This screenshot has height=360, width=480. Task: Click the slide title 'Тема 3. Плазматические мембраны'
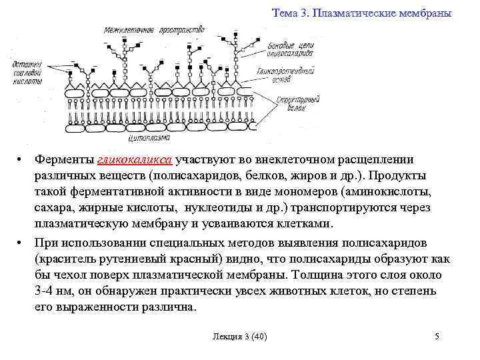pos(362,13)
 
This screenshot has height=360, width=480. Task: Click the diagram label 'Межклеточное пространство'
pos(154,30)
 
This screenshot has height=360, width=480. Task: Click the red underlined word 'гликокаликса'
pos(135,160)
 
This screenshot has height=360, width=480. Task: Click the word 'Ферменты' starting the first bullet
pos(64,160)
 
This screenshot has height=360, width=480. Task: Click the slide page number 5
pos(437,336)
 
